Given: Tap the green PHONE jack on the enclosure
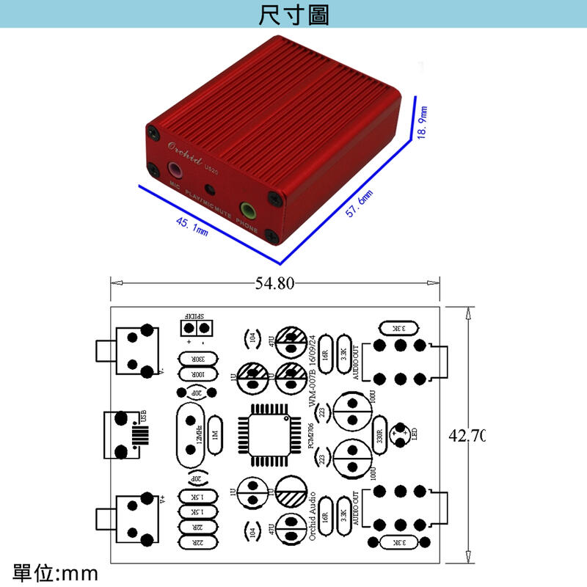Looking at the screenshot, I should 249,211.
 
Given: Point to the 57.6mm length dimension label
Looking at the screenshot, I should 360,203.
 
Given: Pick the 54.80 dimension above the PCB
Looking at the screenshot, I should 274,283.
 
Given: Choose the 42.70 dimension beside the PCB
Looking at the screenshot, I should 467,435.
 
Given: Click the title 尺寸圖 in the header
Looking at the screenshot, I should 293,15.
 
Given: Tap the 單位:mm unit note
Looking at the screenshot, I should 55,572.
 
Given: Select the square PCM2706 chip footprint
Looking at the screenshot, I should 269,434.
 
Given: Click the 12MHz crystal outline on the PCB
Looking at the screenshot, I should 191,434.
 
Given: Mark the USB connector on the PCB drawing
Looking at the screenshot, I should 125,433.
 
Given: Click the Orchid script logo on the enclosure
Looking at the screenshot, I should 183,144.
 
